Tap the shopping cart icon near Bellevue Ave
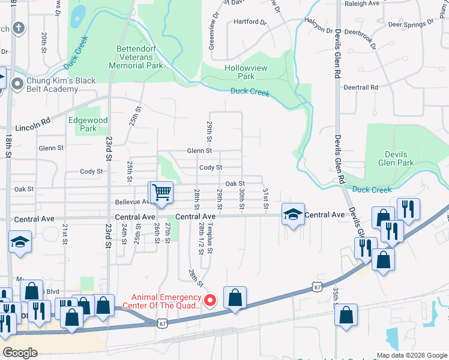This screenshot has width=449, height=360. tap(161, 193)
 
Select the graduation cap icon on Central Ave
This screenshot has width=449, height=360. tap(292, 215)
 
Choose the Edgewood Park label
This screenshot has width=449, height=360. tap(88, 124)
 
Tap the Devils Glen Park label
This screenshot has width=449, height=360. tap(397, 158)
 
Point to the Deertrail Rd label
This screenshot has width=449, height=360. tap(361, 87)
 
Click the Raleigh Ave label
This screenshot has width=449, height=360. tap(361, 3)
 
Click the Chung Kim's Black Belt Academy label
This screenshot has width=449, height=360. tap(52, 85)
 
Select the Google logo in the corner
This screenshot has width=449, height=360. tap(20, 353)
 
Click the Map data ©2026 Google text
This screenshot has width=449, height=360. tap(412, 355)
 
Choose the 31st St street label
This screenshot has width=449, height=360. tap(265, 197)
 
